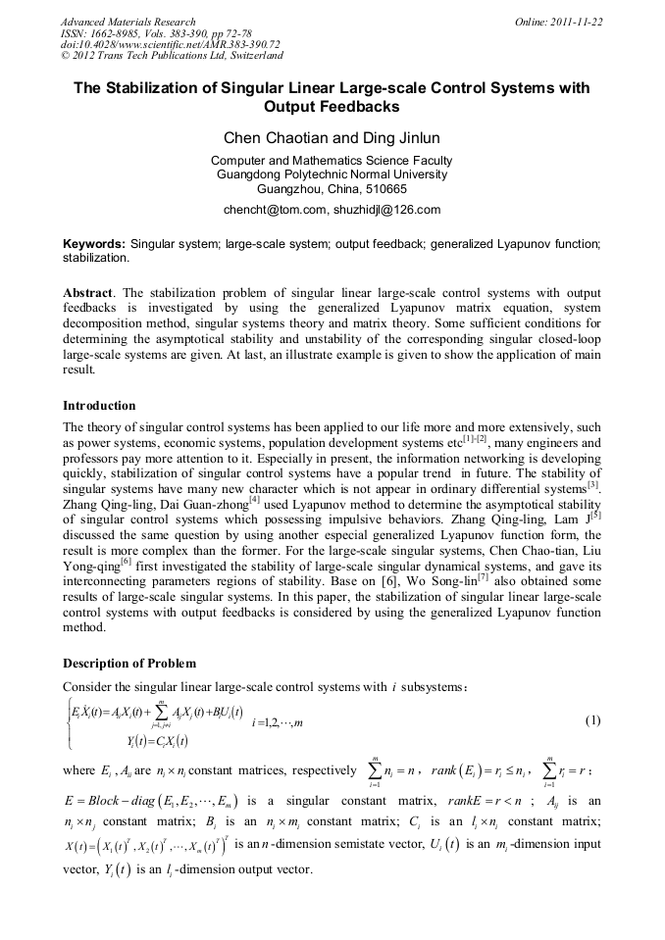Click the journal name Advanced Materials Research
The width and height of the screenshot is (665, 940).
tap(128, 22)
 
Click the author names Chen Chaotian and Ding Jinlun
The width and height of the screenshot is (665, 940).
tap(332, 137)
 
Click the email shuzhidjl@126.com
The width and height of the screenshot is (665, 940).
tap(384, 210)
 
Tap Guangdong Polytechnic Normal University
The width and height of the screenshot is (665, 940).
tap(332, 174)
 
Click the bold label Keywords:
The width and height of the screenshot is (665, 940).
tap(94, 242)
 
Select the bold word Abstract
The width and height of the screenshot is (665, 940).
tap(87, 293)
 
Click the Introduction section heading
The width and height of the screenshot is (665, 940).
tap(99, 406)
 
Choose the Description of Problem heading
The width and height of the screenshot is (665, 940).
tap(128, 664)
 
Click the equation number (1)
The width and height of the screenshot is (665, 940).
tap(592, 721)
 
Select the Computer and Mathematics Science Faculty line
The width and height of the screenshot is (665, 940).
tap(332, 161)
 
